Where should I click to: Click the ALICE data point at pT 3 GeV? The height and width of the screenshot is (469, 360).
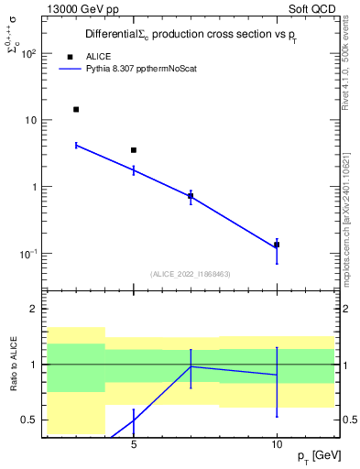pos(76,109)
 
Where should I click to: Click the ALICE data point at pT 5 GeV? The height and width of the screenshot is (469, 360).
pos(134,150)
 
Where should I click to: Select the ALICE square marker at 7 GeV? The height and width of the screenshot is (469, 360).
pos(191,196)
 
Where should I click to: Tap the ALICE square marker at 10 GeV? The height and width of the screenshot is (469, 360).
pos(277,245)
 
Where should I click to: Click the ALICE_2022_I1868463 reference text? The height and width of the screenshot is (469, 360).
pos(189,274)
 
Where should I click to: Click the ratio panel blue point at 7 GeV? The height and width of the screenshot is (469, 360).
pos(191,366)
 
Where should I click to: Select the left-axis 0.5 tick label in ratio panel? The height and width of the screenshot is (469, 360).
pos(29,420)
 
